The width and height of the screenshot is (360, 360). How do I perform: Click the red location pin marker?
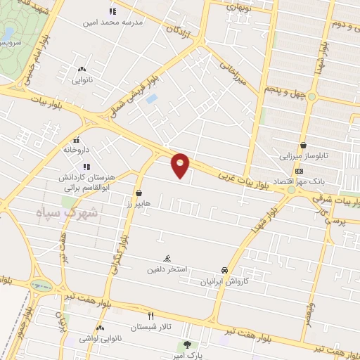pyautogui.click(x=181, y=164)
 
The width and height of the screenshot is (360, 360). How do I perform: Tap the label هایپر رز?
pyautogui.click(x=139, y=203)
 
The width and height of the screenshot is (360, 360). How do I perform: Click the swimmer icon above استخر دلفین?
pyautogui.click(x=167, y=258)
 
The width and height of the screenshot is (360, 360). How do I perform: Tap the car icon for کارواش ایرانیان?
pyautogui.click(x=224, y=270)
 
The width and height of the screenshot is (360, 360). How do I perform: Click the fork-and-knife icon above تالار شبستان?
pyautogui.click(x=150, y=316)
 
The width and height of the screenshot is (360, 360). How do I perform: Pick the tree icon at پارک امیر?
pyautogui.click(x=187, y=345)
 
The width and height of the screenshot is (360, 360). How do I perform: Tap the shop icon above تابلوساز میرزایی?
pyautogui.click(x=303, y=145)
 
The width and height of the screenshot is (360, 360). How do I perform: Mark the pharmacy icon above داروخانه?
pyautogui.click(x=77, y=139)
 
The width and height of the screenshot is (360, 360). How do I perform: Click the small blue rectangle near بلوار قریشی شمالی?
pyautogui.click(x=151, y=99)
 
